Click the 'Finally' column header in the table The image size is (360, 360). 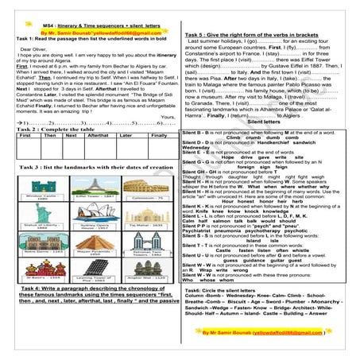(x=159, y=136)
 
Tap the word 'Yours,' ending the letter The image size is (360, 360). (x=168, y=116)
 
